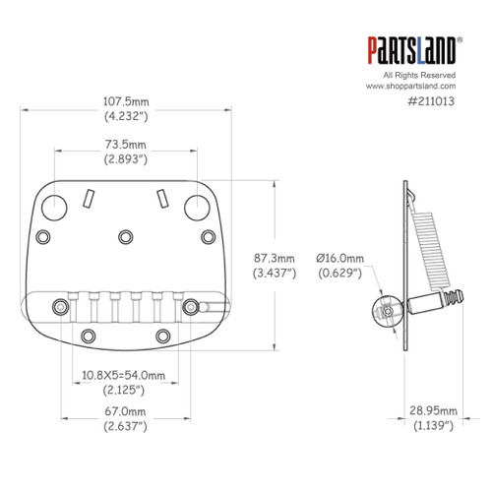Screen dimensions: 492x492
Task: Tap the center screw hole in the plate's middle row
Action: [x=125, y=235]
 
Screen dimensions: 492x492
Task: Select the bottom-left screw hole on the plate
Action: [x=88, y=337]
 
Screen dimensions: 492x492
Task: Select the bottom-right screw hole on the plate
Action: [x=163, y=337]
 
